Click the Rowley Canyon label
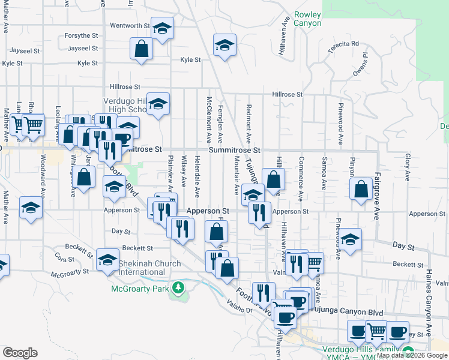308,19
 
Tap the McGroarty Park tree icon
178,289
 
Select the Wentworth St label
130,26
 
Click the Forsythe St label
85,35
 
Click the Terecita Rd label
343,44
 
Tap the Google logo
20,353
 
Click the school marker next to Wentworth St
161,29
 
